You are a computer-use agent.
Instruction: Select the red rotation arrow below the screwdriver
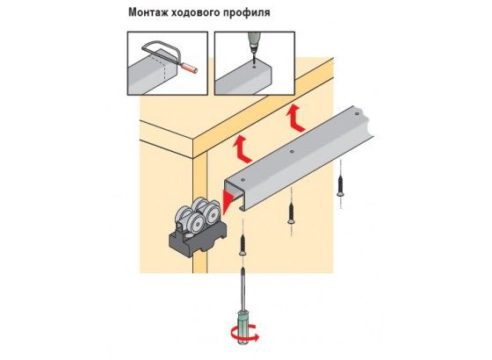click(245, 335)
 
